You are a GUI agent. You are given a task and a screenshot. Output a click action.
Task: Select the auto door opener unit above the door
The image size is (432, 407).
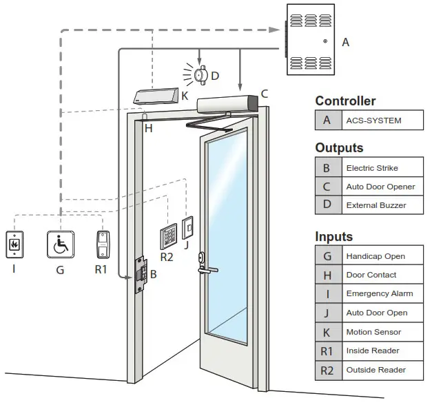click(x=227, y=104)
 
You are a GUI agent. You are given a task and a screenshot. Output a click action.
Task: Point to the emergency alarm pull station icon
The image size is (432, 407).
click(x=14, y=244)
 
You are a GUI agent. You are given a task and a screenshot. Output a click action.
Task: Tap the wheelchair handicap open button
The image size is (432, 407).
click(x=60, y=244)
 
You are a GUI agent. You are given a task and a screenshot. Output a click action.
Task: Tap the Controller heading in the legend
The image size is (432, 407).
click(x=345, y=101)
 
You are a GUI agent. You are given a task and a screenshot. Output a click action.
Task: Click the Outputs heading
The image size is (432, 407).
click(x=339, y=148)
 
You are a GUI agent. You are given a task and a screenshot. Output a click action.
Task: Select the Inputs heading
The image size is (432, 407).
click(x=333, y=236)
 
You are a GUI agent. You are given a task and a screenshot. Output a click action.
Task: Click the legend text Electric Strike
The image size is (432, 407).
click(x=372, y=168)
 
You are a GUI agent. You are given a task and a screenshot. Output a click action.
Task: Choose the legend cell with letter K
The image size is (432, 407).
click(x=327, y=332)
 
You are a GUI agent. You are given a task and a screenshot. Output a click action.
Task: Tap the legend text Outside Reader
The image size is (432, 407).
click(x=376, y=370)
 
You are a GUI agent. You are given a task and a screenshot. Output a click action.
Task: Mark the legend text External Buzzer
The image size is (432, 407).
click(x=376, y=205)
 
